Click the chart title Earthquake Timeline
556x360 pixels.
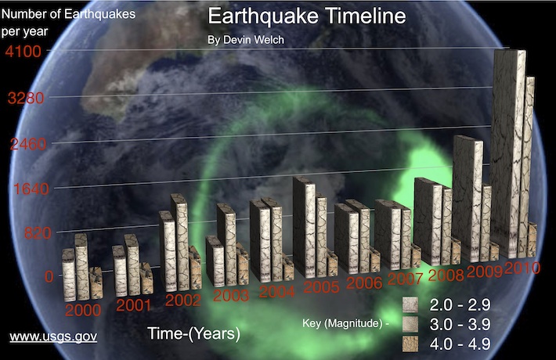[x=307, y=16]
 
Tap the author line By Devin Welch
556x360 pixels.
[x=246, y=40]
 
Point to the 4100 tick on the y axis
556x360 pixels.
[x=23, y=52]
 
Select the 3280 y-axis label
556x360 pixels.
[x=26, y=98]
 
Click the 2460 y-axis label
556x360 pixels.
[x=28, y=144]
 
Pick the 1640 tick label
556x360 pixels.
[x=31, y=189]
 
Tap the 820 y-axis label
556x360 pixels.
[x=38, y=233]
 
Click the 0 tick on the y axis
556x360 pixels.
[x=49, y=276]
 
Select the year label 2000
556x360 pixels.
[x=83, y=311]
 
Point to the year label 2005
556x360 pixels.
[x=321, y=287]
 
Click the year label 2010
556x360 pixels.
[x=522, y=268]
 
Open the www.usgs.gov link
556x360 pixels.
[x=53, y=337]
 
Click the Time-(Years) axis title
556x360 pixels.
[x=193, y=333]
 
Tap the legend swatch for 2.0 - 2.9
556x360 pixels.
[x=410, y=304]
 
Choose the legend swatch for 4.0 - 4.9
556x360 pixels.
[x=410, y=344]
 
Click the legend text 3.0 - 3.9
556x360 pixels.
[x=460, y=324]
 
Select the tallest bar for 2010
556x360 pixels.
[x=509, y=154]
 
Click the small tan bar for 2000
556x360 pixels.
[x=96, y=283]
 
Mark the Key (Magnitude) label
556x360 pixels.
[x=345, y=323]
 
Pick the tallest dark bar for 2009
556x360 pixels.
[x=468, y=199]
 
